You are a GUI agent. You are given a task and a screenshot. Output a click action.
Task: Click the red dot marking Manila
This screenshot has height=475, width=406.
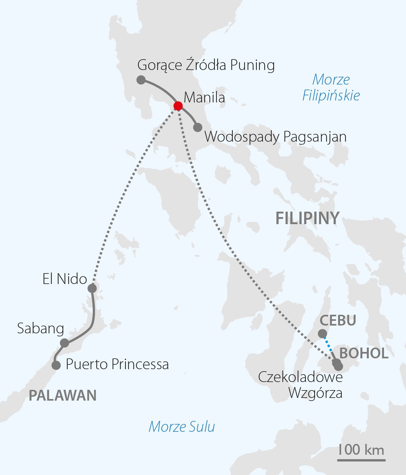[x=178, y=106]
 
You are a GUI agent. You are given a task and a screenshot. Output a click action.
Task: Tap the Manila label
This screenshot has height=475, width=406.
[x=204, y=98]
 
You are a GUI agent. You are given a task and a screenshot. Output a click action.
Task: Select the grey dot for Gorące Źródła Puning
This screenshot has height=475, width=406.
[x=141, y=80]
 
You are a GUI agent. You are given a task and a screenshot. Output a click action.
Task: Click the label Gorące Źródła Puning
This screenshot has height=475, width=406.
[x=206, y=65]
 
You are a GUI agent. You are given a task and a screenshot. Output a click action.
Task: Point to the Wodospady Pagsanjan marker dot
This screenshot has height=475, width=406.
[x=198, y=127]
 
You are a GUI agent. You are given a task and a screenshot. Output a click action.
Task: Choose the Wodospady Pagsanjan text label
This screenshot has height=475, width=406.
[x=275, y=137]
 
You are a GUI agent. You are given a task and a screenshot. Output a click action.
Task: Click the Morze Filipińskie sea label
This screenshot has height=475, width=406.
[x=331, y=88]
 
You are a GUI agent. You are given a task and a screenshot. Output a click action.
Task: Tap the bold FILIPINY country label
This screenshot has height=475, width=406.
[x=307, y=218]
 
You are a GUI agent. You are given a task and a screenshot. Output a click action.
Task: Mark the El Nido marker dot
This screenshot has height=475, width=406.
[x=92, y=288]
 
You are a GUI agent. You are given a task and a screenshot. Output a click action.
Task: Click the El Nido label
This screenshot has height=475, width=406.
[x=65, y=279]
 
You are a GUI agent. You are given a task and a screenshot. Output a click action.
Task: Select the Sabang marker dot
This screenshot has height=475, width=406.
[x=64, y=343]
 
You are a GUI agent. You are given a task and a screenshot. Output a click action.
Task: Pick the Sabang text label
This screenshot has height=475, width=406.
[x=41, y=328]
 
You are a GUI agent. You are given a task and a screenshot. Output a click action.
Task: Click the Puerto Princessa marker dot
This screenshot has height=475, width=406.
[x=56, y=365]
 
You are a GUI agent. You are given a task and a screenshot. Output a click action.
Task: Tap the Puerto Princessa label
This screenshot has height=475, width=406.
[x=117, y=364]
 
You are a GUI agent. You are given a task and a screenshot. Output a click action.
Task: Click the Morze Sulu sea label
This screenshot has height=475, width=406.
[x=182, y=427]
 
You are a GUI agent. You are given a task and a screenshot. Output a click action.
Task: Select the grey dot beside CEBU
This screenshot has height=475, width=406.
[x=322, y=334]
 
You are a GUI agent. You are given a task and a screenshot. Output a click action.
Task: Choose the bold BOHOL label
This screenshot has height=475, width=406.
[x=364, y=353]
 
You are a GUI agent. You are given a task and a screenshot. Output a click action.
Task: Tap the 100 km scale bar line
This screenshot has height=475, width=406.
[x=361, y=460]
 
